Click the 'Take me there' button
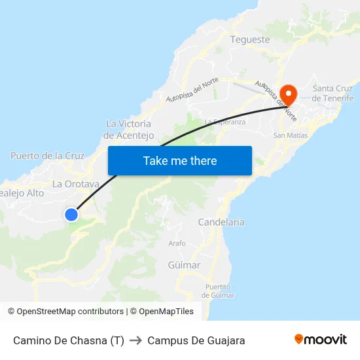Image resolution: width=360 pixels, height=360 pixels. [180, 160]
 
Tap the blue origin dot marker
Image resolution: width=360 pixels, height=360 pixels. [71, 215]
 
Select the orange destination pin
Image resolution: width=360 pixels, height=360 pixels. [287, 94]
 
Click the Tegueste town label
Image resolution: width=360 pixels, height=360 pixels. [250, 39]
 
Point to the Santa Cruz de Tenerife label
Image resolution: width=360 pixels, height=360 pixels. [333, 93]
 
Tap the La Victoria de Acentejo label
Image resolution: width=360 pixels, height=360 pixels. [128, 130]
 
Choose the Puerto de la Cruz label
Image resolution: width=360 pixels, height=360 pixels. [48, 156]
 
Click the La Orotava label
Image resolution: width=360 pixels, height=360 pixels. [75, 184]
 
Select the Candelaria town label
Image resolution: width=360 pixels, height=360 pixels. [221, 222]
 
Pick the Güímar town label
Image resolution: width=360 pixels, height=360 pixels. [184, 265]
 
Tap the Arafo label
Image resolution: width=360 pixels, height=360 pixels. [177, 243]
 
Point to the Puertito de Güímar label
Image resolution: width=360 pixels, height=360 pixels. [218, 291]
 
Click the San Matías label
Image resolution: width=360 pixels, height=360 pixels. [289, 135]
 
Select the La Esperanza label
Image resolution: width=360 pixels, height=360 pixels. [225, 122]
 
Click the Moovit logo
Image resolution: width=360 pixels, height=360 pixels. [321, 340]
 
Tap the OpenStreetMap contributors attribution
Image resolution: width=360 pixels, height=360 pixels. [65, 312]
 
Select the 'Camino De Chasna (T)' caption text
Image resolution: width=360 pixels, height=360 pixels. [69, 340]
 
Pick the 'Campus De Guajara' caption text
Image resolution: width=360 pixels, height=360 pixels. [196, 340]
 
